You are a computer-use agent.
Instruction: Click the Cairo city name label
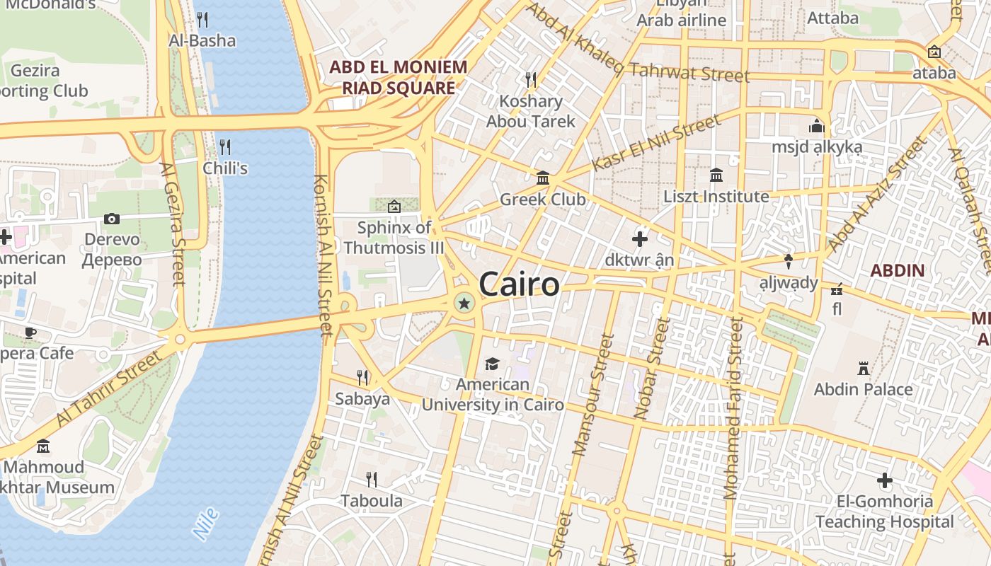coord(519,284)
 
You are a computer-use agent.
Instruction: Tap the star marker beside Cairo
coord(464,304)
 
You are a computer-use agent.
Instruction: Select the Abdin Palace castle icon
coord(863,368)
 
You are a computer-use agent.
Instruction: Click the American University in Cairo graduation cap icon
coord(492,364)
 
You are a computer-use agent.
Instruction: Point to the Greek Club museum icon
coord(543,178)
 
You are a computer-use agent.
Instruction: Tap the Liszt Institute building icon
coord(716,175)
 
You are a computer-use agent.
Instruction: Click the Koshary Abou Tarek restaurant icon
coord(530,79)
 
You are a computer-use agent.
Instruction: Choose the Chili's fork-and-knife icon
coord(225,146)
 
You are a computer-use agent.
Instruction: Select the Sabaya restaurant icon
coord(362,377)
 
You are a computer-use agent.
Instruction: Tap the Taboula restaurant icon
coord(371,479)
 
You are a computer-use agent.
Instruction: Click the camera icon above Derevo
coord(112,219)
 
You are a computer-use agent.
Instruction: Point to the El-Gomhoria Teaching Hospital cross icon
coord(884,481)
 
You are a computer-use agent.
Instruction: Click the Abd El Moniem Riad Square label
coord(398,78)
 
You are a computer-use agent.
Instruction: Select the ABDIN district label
coord(898,270)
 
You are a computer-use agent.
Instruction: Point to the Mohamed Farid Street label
coord(732,408)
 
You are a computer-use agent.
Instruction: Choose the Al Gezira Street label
coord(172,224)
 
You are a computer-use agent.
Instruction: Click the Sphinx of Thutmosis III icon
coord(394,206)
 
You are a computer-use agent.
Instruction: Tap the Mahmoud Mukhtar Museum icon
coord(43,446)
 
